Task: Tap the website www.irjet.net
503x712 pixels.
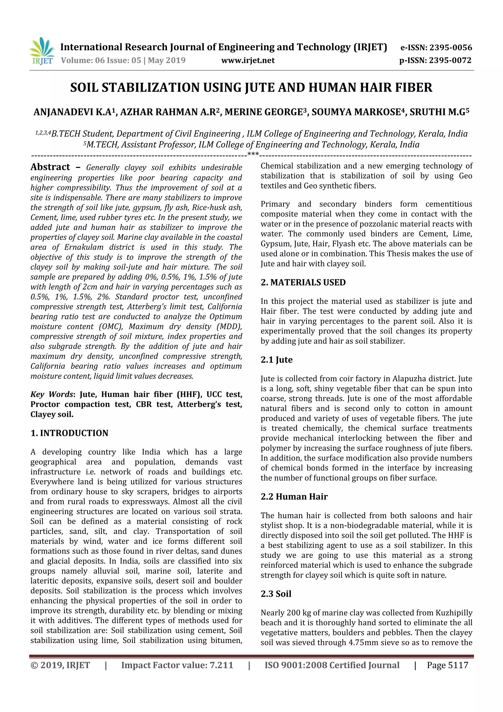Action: click(248, 60)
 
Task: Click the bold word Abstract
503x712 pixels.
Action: click(50, 167)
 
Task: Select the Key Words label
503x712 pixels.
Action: click(52, 394)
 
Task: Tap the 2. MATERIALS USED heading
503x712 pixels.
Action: click(303, 282)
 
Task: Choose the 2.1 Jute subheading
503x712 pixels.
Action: click(277, 360)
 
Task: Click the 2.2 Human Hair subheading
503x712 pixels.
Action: click(294, 496)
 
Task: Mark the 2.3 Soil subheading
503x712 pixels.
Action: click(276, 594)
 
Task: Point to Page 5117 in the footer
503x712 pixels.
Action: click(447, 665)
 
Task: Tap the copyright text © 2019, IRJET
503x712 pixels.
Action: click(60, 665)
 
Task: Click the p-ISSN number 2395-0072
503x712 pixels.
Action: click(450, 60)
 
